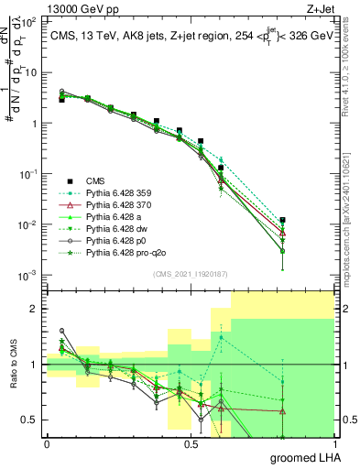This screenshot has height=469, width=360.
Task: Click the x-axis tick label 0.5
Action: (x=190, y=444)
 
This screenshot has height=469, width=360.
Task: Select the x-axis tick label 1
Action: (x=333, y=444)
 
